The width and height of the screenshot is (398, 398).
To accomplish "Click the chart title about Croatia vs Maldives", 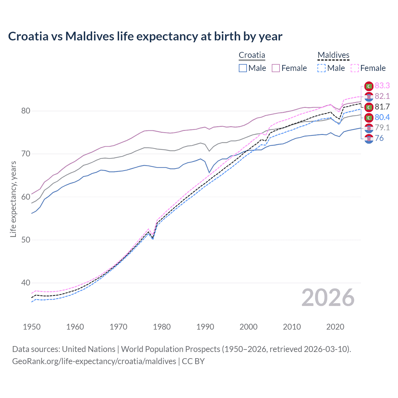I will (145, 36).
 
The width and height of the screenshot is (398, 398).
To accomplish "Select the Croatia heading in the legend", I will (252, 55).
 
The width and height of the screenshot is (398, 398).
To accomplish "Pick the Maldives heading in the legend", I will (333, 55).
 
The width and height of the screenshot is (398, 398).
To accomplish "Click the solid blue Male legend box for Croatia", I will (243, 68).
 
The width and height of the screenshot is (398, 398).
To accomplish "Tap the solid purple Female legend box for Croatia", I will (276, 68).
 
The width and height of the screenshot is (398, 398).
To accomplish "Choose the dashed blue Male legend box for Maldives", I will (322, 68).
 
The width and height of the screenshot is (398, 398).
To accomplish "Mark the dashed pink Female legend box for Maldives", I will (355, 68).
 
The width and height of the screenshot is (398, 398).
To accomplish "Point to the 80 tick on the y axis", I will (25, 111).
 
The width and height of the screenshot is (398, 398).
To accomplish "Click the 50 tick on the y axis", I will (25, 240).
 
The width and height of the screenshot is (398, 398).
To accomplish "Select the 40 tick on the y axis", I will (25, 283).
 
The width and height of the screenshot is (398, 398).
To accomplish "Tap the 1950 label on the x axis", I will (32, 327).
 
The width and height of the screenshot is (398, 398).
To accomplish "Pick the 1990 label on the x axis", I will (205, 327).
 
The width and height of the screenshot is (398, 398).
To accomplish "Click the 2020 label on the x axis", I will (335, 327).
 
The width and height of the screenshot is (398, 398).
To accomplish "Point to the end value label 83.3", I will (382, 86).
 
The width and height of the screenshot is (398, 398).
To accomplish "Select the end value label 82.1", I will (382, 96).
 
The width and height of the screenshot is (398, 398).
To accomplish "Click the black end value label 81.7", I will (382, 107).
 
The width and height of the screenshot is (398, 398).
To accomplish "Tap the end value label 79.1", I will (382, 127).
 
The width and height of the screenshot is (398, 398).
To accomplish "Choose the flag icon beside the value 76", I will (369, 139).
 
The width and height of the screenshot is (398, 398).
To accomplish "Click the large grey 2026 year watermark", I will (328, 298).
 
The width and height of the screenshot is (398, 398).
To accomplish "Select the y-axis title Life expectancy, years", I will (13, 199).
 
